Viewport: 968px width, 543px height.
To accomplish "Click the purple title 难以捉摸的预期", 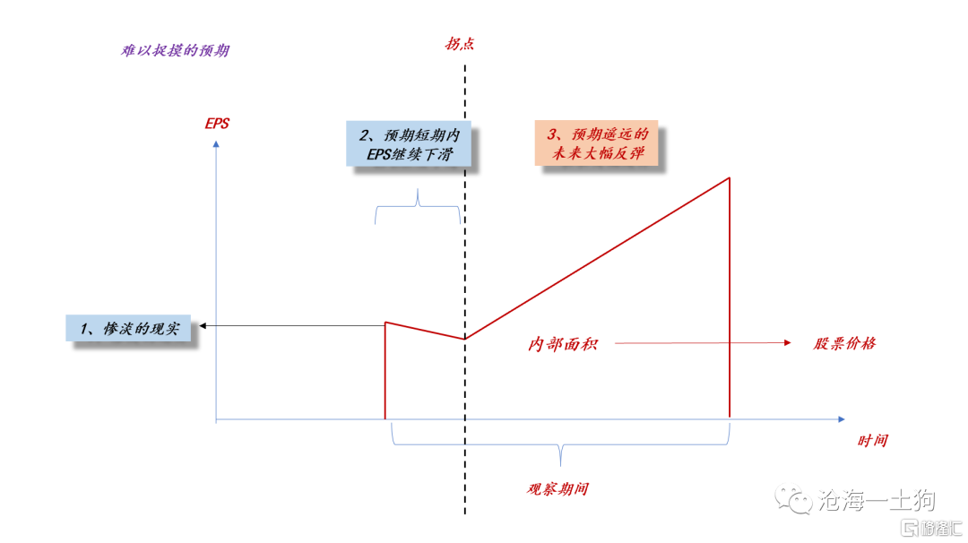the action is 175,50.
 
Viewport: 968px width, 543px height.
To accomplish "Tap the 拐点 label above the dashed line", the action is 460,44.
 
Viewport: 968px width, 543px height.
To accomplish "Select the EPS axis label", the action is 217,124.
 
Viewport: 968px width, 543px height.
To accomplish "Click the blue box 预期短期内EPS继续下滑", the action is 409,143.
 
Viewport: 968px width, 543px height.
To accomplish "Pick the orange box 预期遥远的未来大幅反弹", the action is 596,143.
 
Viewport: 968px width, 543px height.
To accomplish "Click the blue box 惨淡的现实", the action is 128,328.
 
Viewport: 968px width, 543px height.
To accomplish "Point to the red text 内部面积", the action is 562,344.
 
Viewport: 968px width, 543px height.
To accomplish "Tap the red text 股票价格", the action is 844,343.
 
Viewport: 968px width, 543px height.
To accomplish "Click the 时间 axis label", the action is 872,441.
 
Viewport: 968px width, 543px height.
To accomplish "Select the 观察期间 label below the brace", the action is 557,488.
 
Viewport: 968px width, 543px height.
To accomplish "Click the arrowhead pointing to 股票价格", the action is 787,342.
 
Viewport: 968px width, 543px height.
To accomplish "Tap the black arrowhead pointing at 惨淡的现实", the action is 203,325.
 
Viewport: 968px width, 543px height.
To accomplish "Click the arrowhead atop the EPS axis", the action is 216,144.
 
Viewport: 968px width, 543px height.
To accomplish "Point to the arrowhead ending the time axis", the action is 841,419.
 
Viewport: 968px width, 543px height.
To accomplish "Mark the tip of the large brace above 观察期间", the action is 560,466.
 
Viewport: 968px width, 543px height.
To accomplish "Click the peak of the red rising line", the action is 729,178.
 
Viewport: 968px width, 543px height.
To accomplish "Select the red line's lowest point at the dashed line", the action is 465,339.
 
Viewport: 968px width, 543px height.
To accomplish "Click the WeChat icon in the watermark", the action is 793,498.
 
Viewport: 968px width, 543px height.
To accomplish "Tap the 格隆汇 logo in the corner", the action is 931,528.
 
